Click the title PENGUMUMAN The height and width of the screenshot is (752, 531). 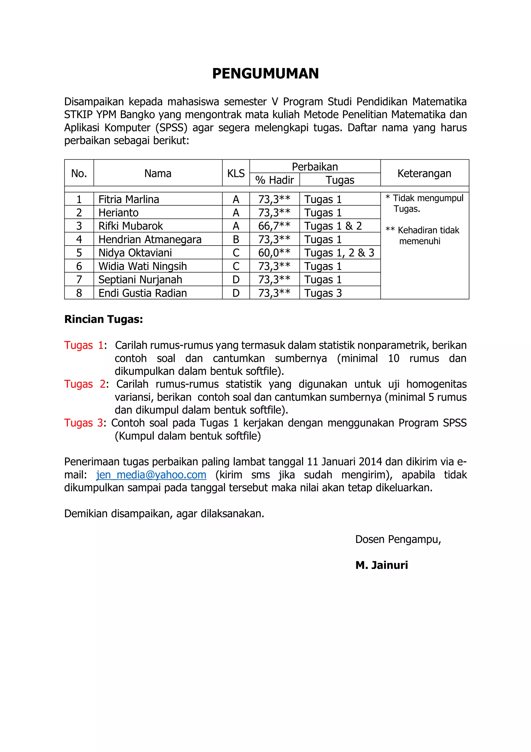coord(265,73)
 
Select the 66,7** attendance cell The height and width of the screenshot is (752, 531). coord(274,226)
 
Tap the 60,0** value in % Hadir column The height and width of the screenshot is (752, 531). coord(274,253)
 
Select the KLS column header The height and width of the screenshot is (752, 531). coord(236,173)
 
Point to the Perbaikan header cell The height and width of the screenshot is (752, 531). coord(315,167)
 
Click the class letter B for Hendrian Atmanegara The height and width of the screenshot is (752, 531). coord(236,239)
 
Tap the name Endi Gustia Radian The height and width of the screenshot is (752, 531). coord(143,293)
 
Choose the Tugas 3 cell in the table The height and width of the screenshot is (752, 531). coord(323,293)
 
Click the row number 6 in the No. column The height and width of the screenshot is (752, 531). coord(79,266)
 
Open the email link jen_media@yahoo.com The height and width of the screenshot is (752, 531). coord(151,475)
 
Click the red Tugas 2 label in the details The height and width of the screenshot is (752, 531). coord(85,384)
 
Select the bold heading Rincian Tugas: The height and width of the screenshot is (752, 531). coord(103,319)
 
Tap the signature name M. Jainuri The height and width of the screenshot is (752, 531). coord(381,565)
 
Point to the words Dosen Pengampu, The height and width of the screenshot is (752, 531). coord(398,539)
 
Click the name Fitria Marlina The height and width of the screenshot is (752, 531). coord(129,199)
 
